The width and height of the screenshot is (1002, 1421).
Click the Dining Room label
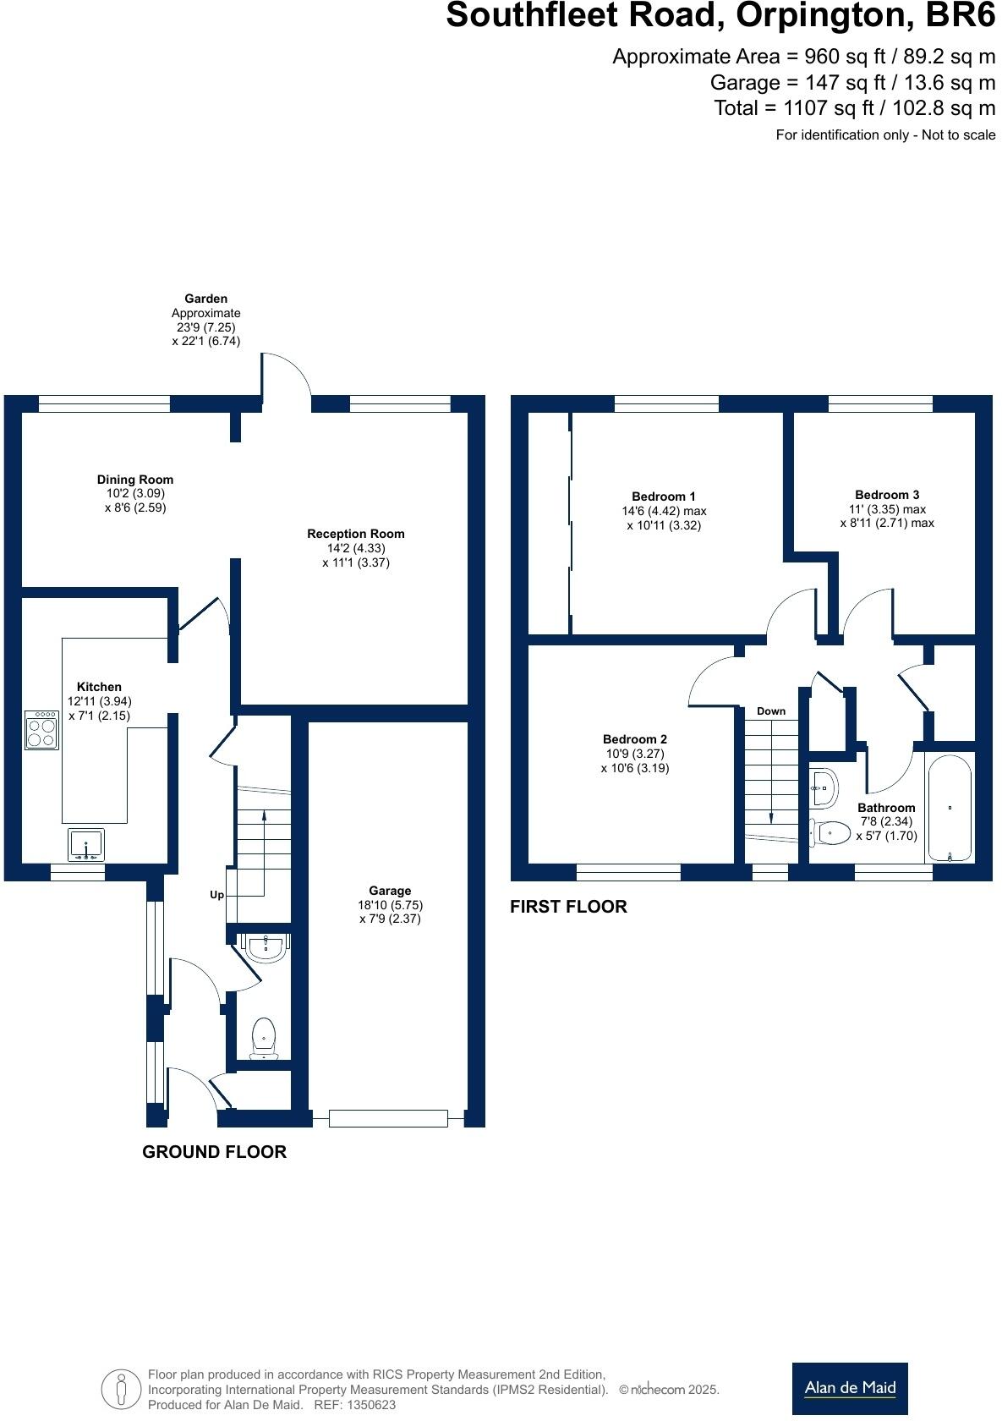coord(134,480)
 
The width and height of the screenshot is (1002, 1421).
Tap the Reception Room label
coord(355,534)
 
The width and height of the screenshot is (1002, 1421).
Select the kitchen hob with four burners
coord(41,729)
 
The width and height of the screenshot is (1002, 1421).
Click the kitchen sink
coord(86,844)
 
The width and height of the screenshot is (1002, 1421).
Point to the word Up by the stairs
coord(216,895)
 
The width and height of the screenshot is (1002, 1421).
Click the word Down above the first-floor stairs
coord(771,711)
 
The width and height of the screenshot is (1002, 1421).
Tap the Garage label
coord(390,891)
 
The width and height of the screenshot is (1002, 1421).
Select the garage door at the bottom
coord(388,1119)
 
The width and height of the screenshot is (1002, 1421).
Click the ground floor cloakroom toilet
coord(265,1037)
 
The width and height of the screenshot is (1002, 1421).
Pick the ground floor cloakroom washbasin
coord(266,946)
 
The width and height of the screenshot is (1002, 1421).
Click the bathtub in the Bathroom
coord(950,809)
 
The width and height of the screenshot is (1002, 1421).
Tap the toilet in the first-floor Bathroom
coord(830,833)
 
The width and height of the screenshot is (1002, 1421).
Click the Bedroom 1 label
coord(664,497)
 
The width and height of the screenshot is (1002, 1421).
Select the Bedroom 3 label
coord(887,495)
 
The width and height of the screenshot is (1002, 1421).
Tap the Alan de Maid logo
coord(850,1387)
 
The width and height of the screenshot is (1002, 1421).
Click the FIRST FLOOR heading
coord(568,907)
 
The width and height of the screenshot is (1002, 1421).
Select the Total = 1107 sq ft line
coord(854,108)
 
